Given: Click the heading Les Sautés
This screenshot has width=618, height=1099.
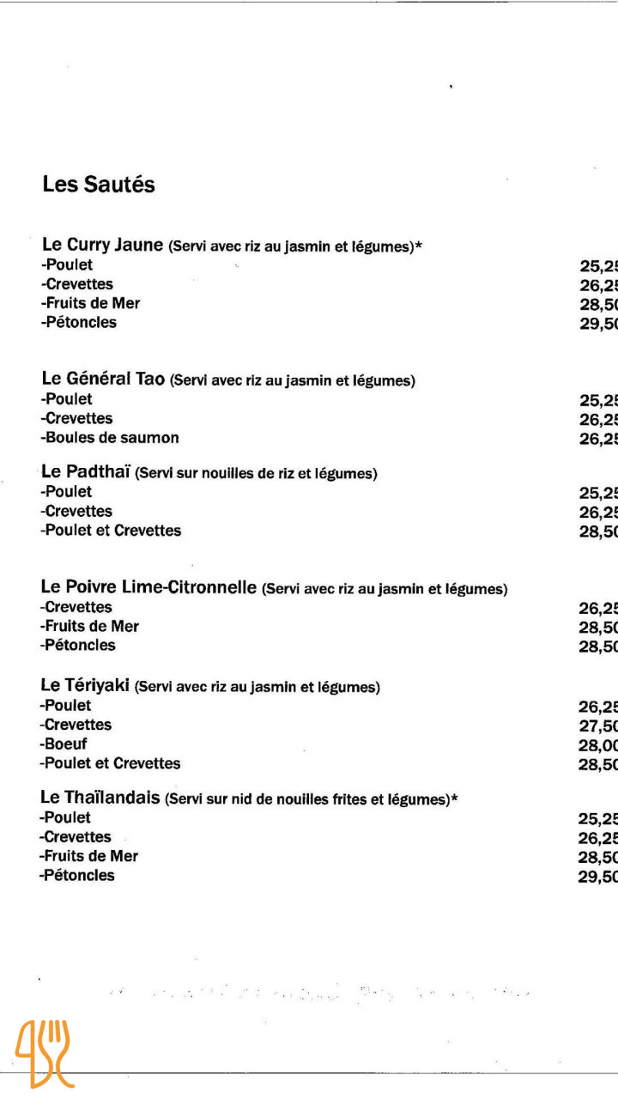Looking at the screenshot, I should pos(99,185).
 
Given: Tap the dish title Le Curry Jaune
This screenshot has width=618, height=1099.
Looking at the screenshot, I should pos(102,246).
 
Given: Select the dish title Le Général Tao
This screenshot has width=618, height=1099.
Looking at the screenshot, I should pos(103,379).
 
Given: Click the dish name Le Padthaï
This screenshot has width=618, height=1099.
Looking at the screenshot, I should pos(85,472).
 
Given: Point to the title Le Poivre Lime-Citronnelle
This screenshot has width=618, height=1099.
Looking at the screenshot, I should pos(148,588).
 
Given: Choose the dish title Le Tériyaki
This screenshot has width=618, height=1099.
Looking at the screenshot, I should pos(85,686).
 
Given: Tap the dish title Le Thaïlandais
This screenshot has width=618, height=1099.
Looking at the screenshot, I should pos(100,798).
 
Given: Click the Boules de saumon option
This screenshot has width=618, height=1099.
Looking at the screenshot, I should pos(111,438).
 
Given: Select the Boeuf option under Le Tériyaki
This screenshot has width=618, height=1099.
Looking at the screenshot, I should pos(64,744).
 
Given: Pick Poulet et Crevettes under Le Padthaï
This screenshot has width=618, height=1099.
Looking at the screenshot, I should pos(111,531).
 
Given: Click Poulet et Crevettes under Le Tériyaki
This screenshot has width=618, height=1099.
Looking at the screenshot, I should pos(111,763).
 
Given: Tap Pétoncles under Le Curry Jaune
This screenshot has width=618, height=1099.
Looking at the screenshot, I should pos(78,323).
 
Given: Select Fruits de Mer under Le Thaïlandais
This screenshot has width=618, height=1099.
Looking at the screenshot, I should pos(89,856).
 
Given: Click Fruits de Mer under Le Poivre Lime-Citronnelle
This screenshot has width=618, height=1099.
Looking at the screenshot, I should pos(89,627).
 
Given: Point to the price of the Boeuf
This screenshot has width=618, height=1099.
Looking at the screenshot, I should pos(599,745).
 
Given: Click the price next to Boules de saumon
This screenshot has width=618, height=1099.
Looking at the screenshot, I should pos(599,439).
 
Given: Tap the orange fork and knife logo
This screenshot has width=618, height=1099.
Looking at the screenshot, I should pos(42,1053).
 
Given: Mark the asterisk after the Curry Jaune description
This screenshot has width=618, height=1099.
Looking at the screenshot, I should pos(419,246).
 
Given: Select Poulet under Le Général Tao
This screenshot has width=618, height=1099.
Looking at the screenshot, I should pos(67,399).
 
